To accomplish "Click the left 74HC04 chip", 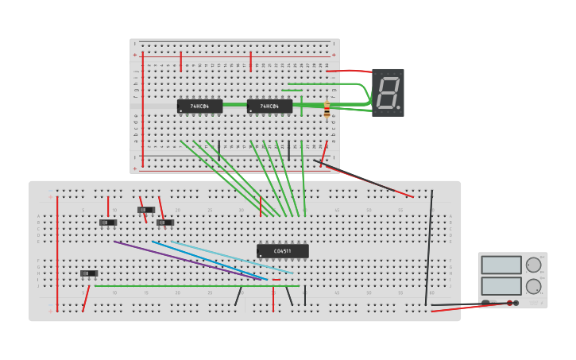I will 199,106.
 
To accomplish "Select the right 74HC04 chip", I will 269,106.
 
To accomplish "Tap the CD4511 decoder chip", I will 282,251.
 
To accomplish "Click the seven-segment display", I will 388,93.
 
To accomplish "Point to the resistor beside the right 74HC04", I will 327,112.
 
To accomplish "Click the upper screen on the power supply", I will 501,265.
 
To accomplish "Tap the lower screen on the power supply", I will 501,285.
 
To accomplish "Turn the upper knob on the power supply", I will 533,265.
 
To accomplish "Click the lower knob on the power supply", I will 533,286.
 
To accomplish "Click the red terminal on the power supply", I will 510,303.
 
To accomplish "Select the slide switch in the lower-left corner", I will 89,273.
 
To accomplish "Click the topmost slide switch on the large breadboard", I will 146,210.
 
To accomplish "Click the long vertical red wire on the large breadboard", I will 57,254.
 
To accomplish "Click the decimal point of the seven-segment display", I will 398,107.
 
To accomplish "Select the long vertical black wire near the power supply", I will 429,246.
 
